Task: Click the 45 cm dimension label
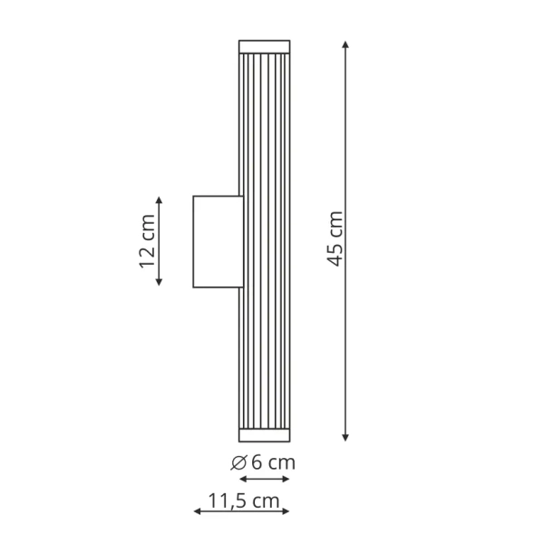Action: [335, 239]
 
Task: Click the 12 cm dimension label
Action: [148, 241]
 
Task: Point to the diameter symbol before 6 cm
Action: [239, 462]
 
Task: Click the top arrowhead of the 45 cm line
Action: [345, 44]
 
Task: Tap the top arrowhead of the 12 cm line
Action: [160, 199]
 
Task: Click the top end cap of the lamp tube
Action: [264, 46]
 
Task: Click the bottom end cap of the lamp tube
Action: [264, 432]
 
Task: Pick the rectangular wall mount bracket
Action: [215, 241]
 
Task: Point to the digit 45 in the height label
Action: [335, 255]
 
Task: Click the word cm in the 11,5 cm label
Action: [266, 500]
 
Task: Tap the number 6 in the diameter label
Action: [257, 462]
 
